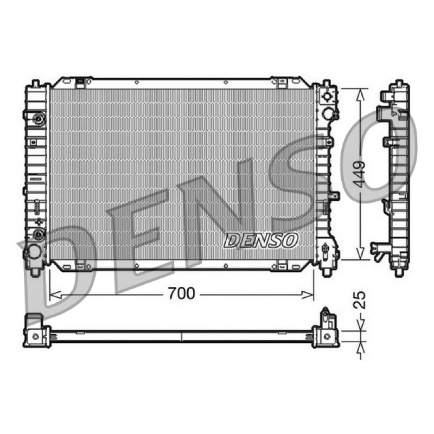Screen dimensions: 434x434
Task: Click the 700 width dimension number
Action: coord(182,293)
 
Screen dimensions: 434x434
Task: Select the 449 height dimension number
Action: coord(360,174)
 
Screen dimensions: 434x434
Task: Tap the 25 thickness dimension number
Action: coord(360,300)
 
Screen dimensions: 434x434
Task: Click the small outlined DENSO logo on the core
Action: coord(261,240)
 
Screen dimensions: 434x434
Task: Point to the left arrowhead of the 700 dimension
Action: coord(55,295)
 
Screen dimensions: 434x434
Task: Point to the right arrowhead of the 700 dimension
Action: coord(308,295)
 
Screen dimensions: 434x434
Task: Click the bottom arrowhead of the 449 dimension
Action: coord(360,254)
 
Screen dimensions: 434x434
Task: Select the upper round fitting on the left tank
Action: coord(39,119)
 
